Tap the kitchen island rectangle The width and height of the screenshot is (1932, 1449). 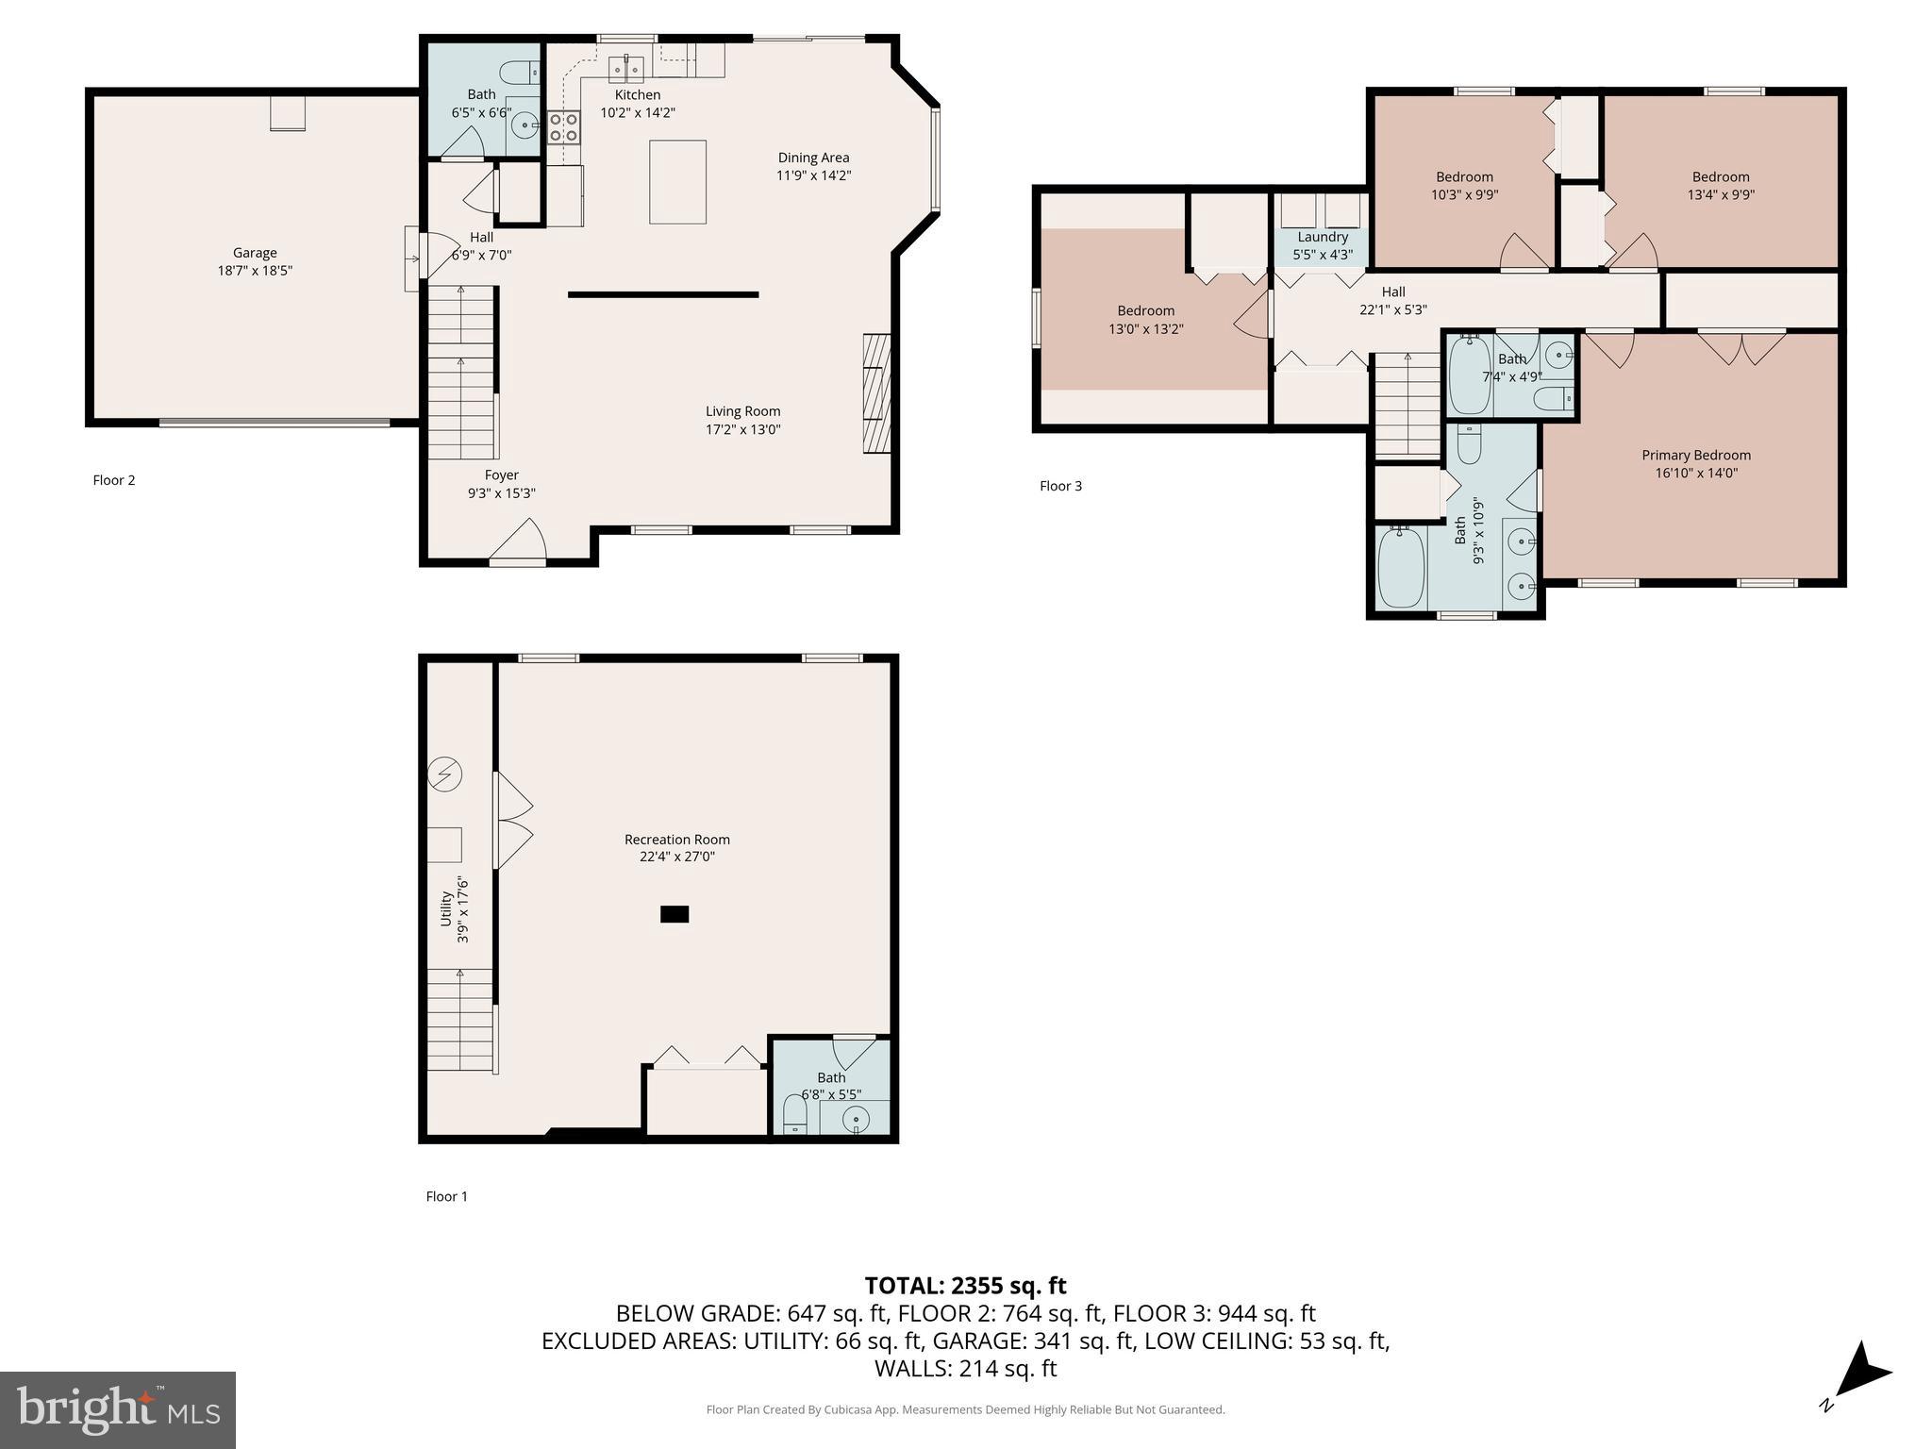(677, 182)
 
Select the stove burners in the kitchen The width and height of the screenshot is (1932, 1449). (564, 126)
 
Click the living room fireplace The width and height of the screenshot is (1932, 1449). (876, 393)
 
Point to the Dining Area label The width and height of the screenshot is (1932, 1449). (813, 158)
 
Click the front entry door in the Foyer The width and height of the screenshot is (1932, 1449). (518, 545)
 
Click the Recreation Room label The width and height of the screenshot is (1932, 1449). (676, 840)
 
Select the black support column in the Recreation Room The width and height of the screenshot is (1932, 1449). (675, 913)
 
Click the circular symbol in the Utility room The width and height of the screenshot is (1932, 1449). (445, 774)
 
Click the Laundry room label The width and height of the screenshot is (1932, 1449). (1322, 237)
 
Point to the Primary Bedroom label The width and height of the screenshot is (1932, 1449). (1695, 455)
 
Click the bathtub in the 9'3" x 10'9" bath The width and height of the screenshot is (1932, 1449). (1401, 568)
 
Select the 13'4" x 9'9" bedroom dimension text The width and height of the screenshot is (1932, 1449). (1720, 195)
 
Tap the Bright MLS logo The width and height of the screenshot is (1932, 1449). (118, 1409)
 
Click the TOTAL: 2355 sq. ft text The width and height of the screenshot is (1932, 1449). (965, 1286)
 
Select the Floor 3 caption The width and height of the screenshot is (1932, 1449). (1060, 486)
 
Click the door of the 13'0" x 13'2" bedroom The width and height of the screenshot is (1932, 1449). (1256, 315)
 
